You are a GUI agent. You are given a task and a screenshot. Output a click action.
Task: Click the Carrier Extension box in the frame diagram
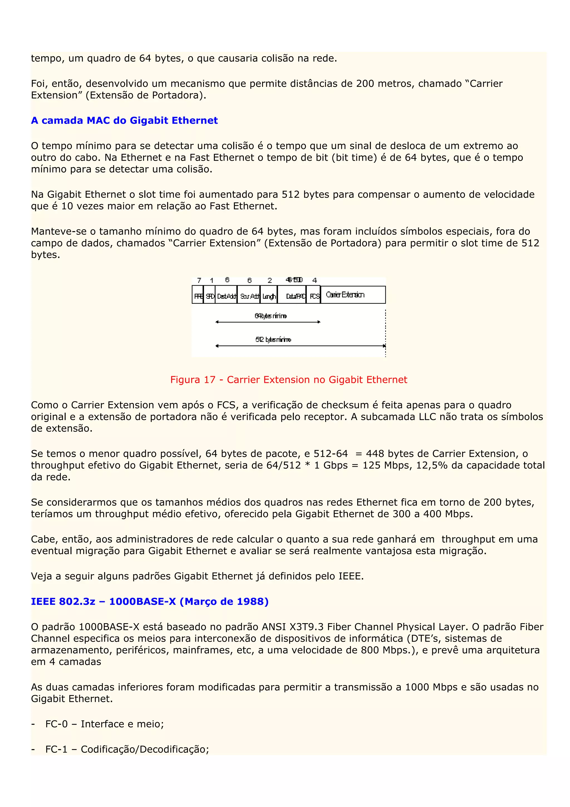[x=353, y=295]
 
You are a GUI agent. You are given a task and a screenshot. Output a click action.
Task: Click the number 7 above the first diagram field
[x=199, y=280]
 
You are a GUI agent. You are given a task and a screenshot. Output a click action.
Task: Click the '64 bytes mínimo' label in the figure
[x=271, y=316]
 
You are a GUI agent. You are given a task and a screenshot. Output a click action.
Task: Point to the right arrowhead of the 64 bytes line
[x=319, y=322]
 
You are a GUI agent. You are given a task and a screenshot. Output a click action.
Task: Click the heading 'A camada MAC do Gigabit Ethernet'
[x=124, y=121]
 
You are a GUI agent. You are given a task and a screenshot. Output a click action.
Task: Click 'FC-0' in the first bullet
[x=56, y=724]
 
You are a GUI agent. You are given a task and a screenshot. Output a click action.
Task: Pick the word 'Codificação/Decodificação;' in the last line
[x=145, y=749]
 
